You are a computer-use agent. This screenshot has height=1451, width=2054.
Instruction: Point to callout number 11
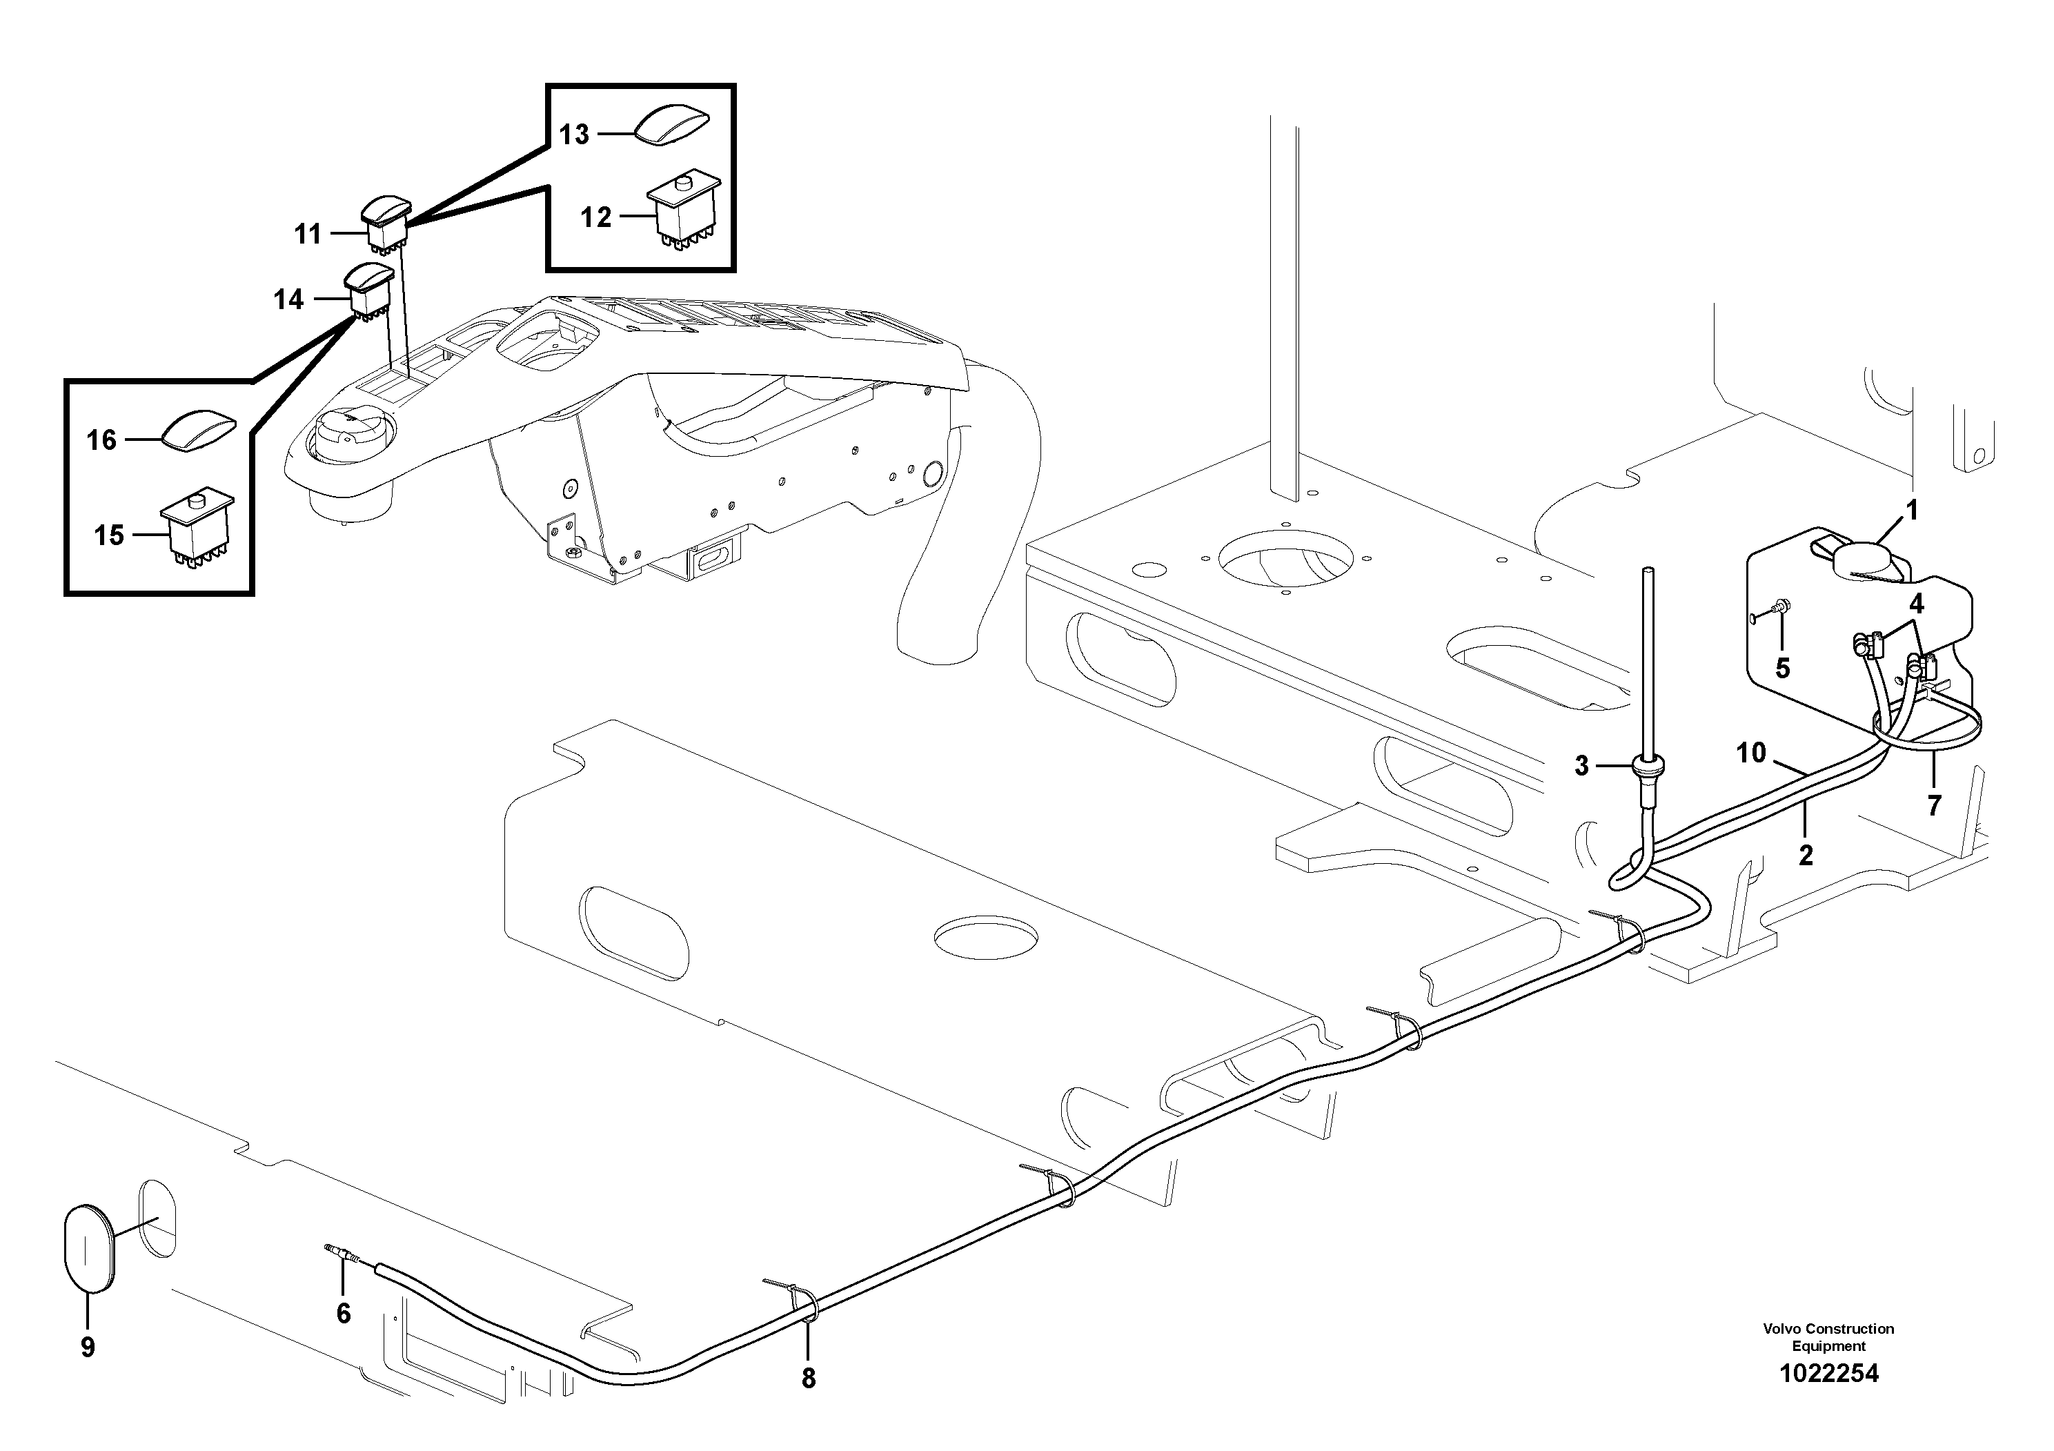(308, 235)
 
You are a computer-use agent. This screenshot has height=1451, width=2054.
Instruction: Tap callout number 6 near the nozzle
(344, 1313)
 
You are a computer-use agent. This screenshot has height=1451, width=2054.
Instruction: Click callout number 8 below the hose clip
(808, 1379)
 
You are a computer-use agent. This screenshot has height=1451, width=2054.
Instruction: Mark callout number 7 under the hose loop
(1933, 806)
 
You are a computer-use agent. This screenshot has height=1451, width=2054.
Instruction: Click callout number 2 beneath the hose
(1806, 855)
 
